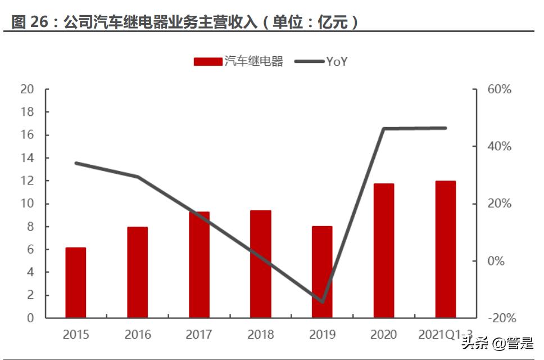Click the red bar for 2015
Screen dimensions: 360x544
point(76,282)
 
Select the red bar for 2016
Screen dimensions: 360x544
point(137,272)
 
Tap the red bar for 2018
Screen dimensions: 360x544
point(261,264)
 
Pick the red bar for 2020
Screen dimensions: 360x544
point(384,251)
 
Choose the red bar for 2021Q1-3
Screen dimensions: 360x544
point(446,249)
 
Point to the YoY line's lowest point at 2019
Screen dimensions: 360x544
point(323,301)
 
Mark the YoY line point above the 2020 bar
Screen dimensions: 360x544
point(384,129)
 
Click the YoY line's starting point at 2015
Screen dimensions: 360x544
point(76,163)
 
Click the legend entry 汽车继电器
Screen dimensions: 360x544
point(238,62)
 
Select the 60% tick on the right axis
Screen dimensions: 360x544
point(500,89)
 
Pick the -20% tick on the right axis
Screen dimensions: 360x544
point(500,318)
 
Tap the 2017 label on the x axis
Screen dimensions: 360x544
point(200,335)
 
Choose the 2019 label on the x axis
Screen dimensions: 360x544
point(323,335)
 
